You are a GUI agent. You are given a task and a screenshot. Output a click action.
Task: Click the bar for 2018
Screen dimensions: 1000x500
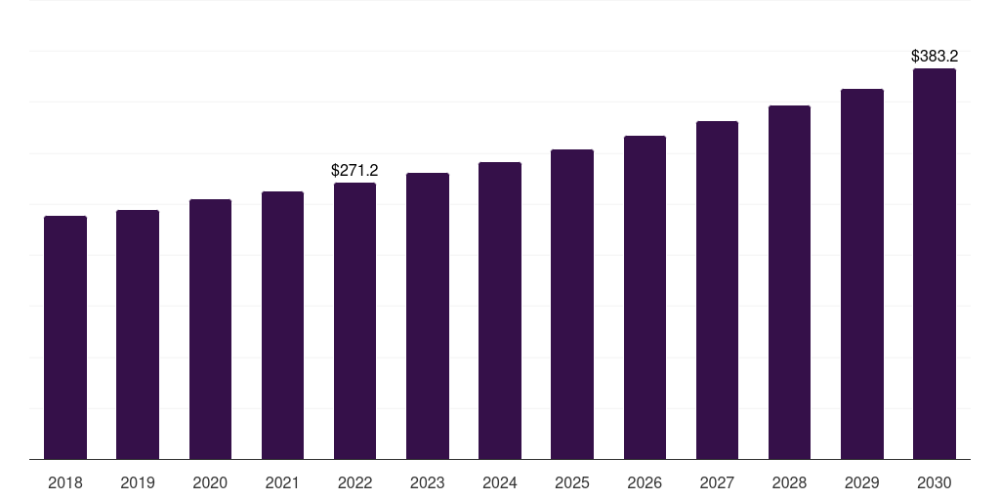coord(65,337)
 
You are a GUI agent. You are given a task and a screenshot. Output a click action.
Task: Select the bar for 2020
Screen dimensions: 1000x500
coord(211,329)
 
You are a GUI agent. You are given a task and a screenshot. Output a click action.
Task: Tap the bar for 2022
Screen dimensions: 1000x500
coord(354,320)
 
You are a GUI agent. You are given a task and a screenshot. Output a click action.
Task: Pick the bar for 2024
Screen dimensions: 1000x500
coord(500,311)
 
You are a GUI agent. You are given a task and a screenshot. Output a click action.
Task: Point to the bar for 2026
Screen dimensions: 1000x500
coord(645,297)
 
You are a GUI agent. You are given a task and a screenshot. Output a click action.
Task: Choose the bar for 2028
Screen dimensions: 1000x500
coord(789,282)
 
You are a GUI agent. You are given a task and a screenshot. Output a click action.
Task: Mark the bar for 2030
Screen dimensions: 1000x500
coord(935,264)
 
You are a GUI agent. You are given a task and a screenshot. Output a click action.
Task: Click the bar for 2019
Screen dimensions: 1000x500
coord(138,335)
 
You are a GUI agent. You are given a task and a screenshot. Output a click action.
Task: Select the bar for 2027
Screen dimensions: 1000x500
coord(718,290)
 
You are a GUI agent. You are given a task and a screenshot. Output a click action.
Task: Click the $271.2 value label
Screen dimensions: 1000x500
coord(354,170)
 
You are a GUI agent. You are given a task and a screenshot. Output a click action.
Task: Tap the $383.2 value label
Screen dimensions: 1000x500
coord(935,56)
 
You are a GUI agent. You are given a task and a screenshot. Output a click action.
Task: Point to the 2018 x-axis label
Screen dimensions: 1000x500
coord(65,482)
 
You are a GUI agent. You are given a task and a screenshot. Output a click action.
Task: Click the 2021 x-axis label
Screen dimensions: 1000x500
coord(282,482)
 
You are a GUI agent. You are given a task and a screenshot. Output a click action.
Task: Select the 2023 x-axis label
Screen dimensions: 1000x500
coord(428,482)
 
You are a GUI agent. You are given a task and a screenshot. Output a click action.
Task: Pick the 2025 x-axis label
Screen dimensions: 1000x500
coord(572,482)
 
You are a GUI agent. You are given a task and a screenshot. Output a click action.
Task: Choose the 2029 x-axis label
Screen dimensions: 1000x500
coord(862,482)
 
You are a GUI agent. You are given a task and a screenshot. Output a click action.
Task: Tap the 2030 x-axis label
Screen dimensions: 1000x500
coord(935,482)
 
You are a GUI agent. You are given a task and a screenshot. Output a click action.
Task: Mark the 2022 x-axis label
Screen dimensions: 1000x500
coord(354,482)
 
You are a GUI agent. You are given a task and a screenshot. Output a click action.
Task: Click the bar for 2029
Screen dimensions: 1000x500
coord(862,274)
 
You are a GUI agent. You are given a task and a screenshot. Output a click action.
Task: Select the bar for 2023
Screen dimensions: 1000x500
coord(428,316)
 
